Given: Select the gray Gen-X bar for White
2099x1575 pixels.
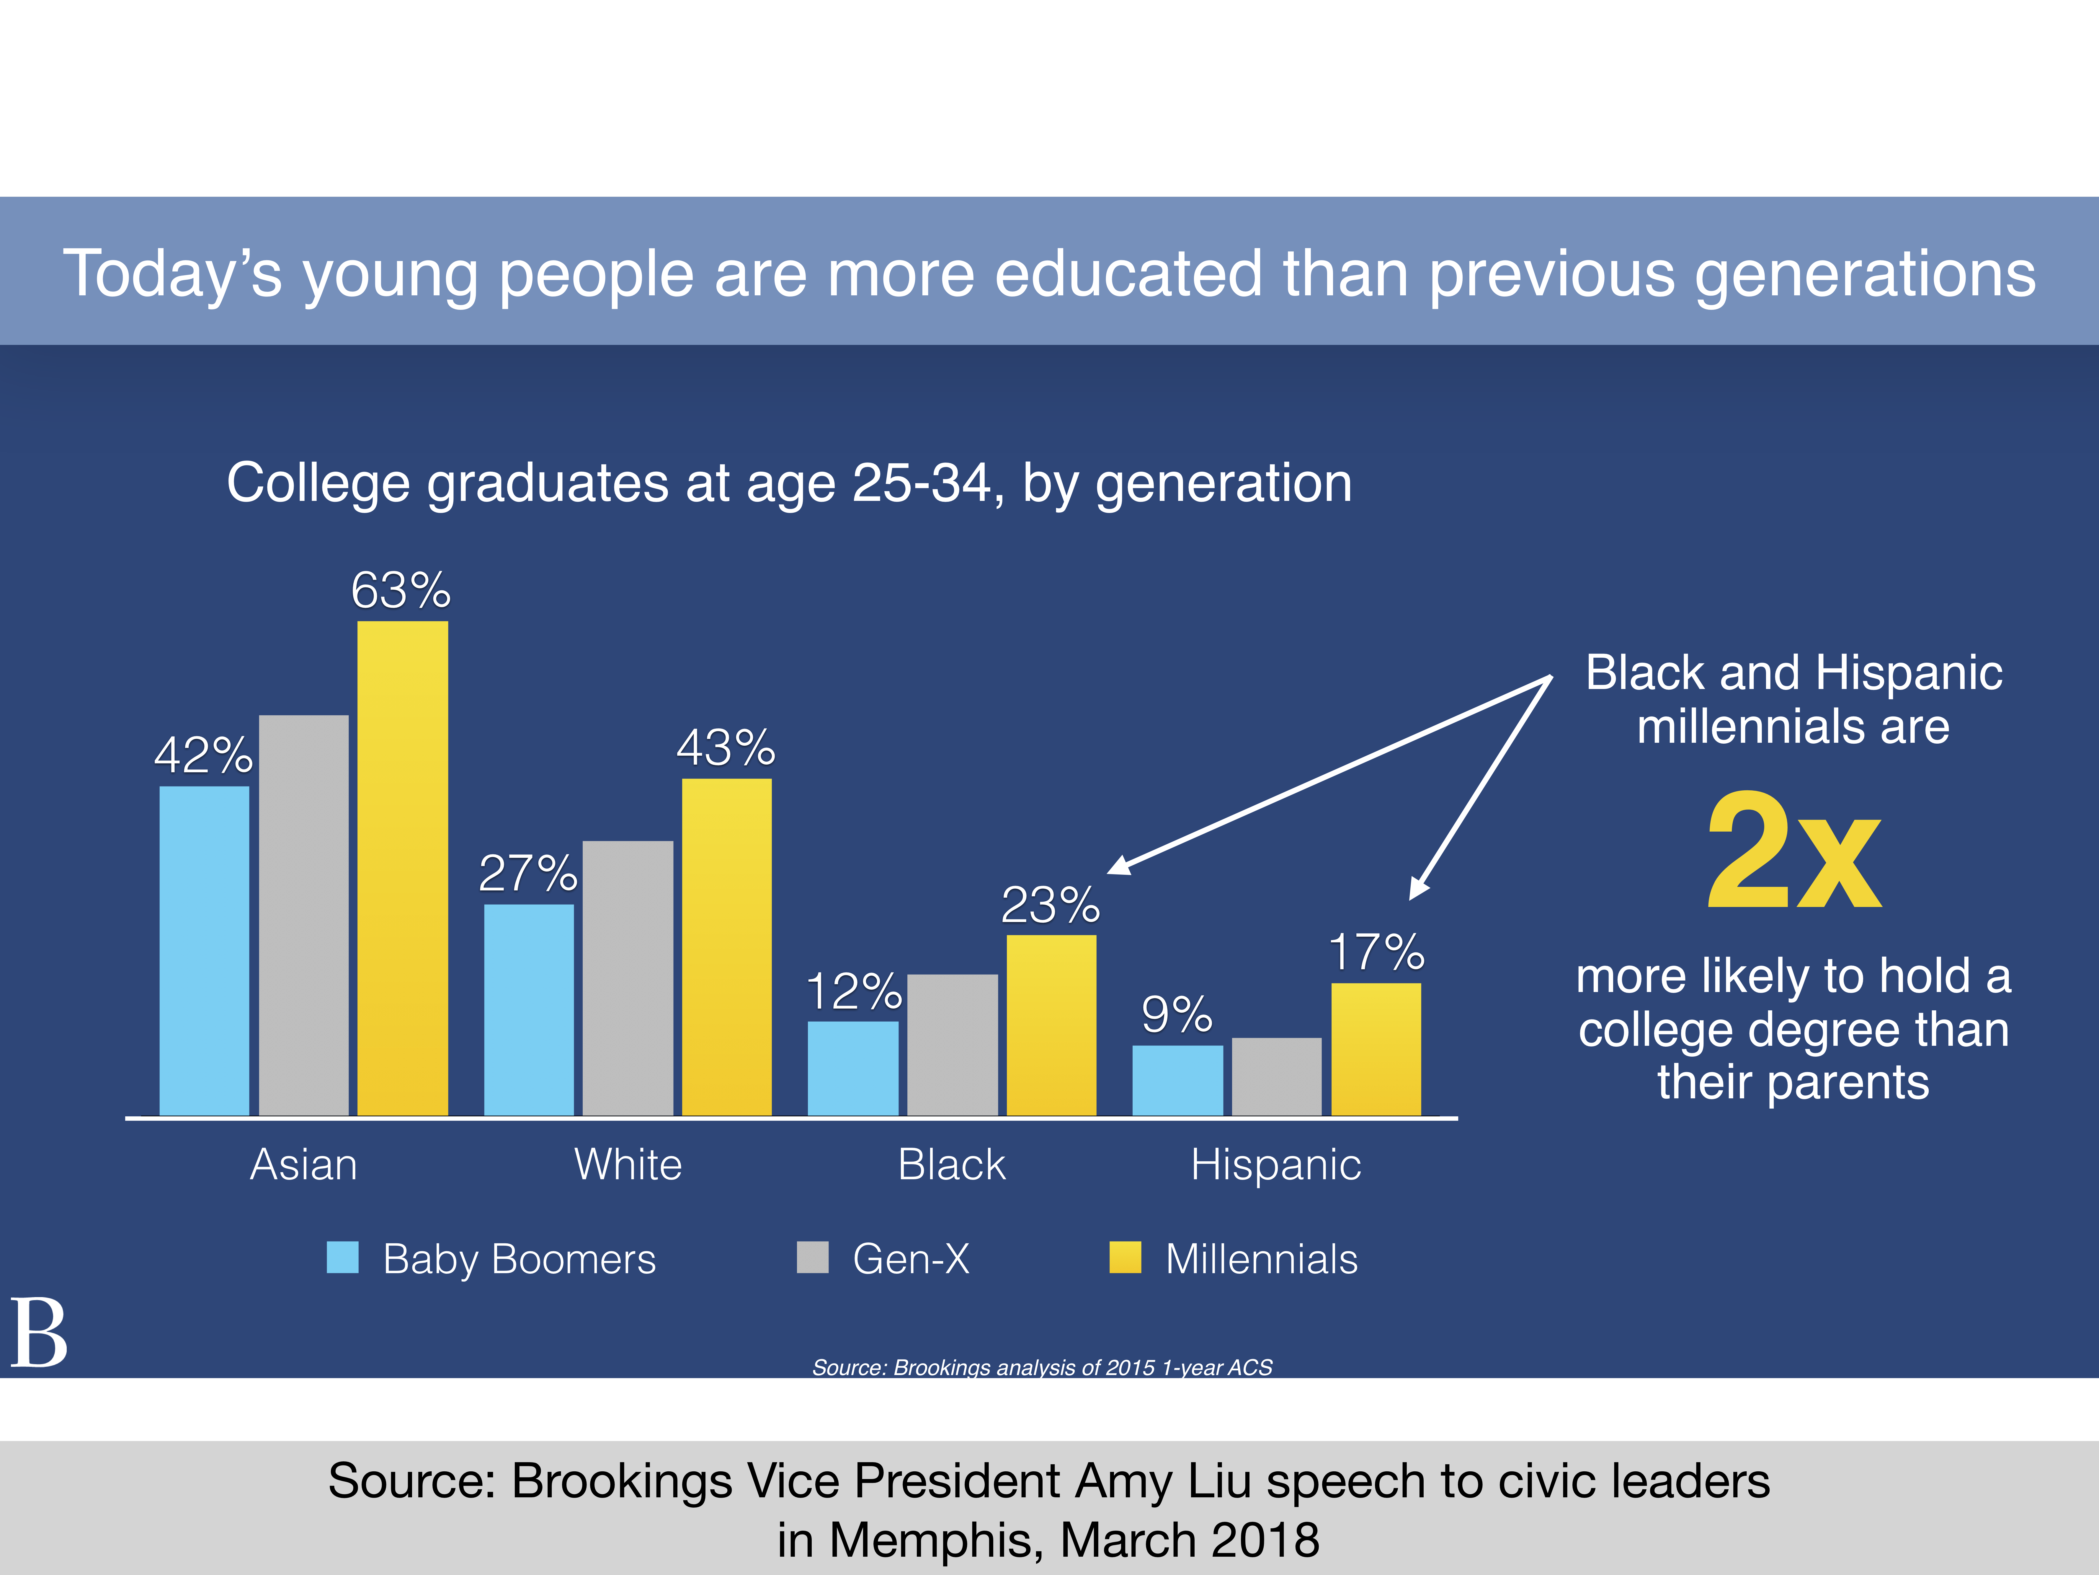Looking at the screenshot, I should [627, 978].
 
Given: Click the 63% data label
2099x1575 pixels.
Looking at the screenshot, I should [401, 590].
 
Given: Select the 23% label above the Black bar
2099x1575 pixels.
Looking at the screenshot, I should [1051, 905].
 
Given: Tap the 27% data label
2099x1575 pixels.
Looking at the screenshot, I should [527, 873].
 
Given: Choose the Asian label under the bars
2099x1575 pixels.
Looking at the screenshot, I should [304, 1165].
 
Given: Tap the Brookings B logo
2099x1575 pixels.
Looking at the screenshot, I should [39, 1334].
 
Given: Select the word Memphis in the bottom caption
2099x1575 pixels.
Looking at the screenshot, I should [935, 1540].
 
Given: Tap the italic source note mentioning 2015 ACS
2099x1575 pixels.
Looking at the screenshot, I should [1042, 1367].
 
